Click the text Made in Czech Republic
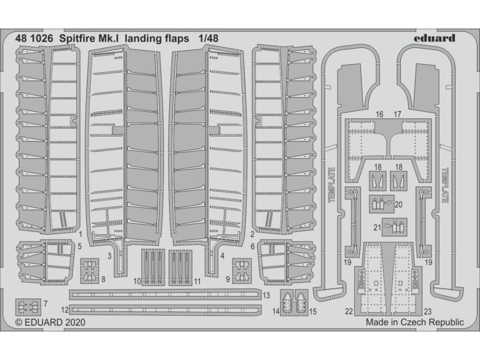point(414,322)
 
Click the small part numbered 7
point(29,306)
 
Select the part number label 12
point(64,310)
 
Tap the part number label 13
point(266,295)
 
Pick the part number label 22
point(348,310)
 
